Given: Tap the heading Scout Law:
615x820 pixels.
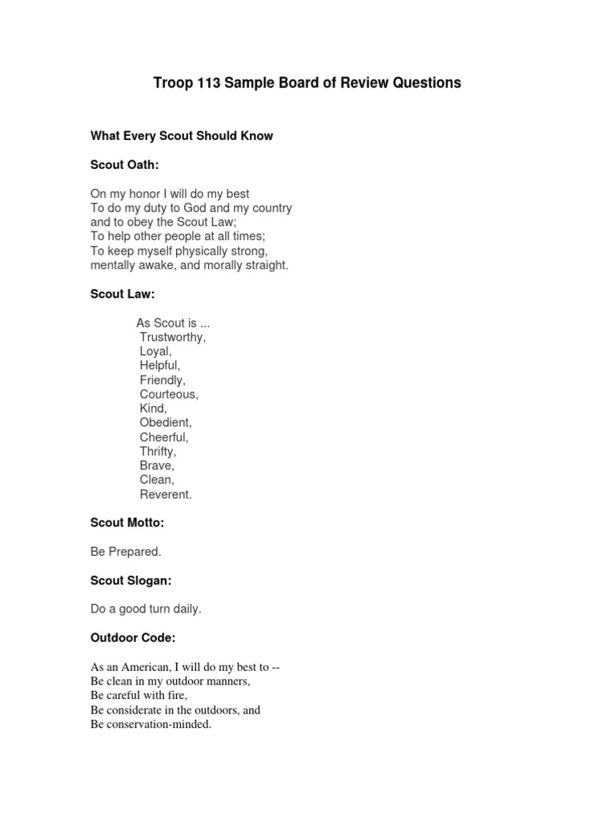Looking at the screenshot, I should click(123, 294).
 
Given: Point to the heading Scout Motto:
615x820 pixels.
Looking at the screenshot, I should click(127, 523).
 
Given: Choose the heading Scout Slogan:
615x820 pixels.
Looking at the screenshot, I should click(131, 581).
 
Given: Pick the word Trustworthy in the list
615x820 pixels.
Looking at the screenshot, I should click(172, 337).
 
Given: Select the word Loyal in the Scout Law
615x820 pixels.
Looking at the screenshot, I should click(155, 352).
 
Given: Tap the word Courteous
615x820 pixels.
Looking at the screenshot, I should click(169, 395).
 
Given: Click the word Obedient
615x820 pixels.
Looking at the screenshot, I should click(166, 422).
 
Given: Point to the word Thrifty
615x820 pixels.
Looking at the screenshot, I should click(158, 452).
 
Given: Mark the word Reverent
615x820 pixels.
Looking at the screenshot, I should click(166, 494).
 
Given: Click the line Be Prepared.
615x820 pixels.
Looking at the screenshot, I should click(126, 552).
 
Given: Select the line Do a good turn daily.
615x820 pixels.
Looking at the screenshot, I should click(146, 609).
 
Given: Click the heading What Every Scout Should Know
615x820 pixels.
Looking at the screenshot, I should click(182, 136).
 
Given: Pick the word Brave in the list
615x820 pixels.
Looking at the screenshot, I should click(156, 465).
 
